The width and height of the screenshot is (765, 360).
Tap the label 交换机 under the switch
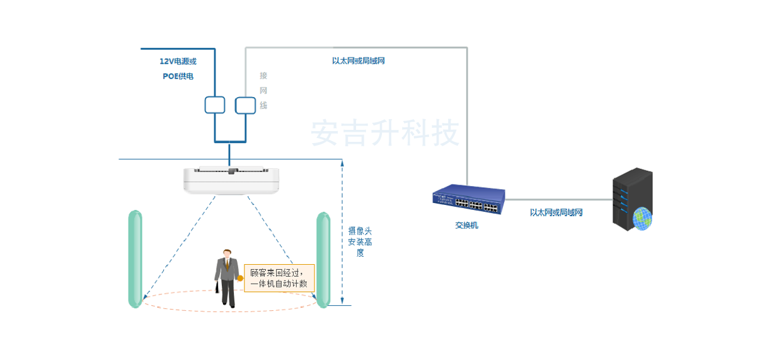click(x=466, y=225)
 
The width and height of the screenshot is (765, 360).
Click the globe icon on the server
click(x=642, y=219)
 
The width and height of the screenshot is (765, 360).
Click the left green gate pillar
click(x=135, y=258)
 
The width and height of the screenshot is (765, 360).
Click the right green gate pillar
click(x=323, y=259)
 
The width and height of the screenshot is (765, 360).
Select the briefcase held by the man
click(x=218, y=287)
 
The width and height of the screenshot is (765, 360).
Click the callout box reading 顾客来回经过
click(x=279, y=278)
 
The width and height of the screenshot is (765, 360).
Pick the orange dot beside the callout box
click(x=240, y=277)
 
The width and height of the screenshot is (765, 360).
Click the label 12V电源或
click(x=178, y=61)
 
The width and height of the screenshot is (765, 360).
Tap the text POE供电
click(x=178, y=76)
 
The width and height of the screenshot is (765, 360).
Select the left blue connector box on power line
click(x=215, y=105)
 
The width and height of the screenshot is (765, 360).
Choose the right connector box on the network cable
click(x=245, y=105)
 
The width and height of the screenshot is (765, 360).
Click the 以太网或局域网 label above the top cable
click(x=358, y=61)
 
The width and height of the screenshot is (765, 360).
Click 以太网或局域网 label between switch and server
click(x=556, y=212)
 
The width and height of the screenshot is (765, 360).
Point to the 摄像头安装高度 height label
click(x=360, y=241)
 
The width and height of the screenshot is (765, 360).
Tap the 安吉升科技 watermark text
click(x=385, y=134)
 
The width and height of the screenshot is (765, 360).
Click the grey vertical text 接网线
click(x=263, y=91)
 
